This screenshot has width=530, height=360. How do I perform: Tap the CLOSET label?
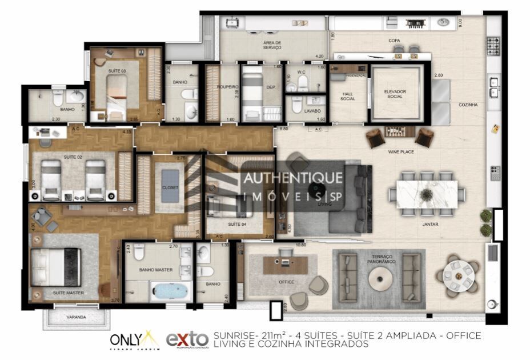click(170, 187)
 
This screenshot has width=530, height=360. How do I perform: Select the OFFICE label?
click(287, 282)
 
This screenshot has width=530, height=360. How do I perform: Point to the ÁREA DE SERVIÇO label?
click(272, 45)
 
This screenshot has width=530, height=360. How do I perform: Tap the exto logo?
click(187, 339)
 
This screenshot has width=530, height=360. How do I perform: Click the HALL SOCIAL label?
click(348, 96)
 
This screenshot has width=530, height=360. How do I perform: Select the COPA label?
click(394, 41)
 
